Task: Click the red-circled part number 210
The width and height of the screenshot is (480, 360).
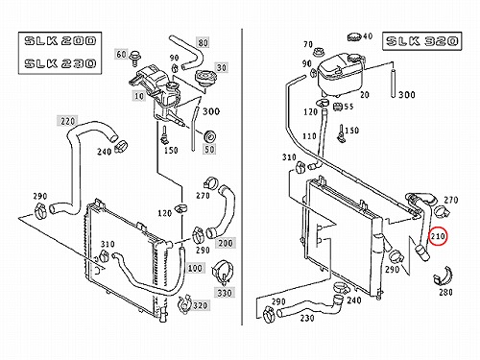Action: click(438, 236)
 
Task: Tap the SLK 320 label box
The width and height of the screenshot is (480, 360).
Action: click(422, 41)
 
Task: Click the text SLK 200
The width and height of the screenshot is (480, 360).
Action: click(60, 41)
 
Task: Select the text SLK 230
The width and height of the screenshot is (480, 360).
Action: click(60, 63)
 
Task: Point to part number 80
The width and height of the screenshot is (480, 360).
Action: click(203, 42)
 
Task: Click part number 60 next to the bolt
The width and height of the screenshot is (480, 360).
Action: click(121, 54)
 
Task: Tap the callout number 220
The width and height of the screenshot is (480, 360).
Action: click(67, 121)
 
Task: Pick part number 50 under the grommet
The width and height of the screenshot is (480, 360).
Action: click(209, 149)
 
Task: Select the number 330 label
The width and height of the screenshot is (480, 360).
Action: click(225, 293)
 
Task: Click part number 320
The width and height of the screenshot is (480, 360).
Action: click(201, 305)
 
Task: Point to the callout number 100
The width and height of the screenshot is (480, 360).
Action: click(195, 268)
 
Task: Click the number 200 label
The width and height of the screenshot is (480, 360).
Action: click(226, 243)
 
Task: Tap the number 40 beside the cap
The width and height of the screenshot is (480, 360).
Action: click(368, 36)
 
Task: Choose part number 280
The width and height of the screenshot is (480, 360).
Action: click(445, 292)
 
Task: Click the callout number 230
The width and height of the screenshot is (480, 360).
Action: click(307, 318)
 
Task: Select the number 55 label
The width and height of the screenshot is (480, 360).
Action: click(348, 107)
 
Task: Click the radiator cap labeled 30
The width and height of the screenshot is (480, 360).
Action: click(205, 78)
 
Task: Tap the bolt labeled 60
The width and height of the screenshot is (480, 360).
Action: click(134, 59)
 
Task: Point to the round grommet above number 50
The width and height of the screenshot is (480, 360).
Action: click(210, 136)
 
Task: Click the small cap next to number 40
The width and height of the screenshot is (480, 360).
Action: click(354, 36)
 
